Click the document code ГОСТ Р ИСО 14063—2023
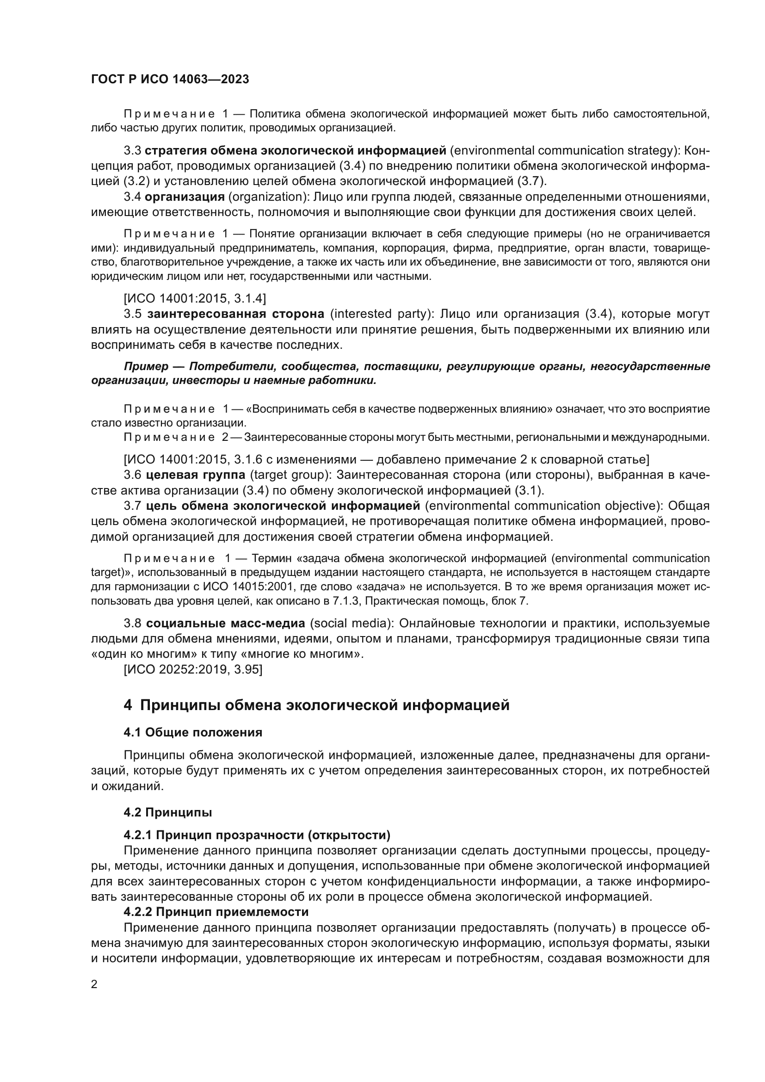[170, 79]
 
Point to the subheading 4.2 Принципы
[168, 812]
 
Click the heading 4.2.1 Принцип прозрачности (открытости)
[257, 835]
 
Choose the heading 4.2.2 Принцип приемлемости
[216, 912]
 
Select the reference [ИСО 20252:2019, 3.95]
[193, 669]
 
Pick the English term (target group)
[289, 475]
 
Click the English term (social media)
[352, 624]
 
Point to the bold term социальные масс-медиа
[226, 624]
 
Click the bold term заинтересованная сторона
[235, 314]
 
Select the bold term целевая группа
[196, 475]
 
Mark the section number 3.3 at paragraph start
[132, 151]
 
